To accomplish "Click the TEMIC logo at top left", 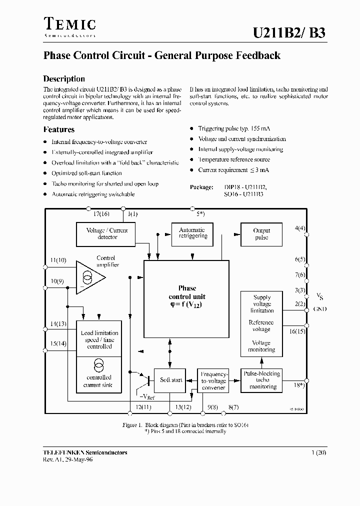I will (x=70, y=25).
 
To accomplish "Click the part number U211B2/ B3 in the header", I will (x=290, y=33).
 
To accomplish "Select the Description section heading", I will (x=64, y=78).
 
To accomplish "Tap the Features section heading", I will (x=59, y=129).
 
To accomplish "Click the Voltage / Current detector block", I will (x=107, y=233).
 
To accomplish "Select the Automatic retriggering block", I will (x=192, y=233).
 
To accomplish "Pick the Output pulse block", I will (x=261, y=234).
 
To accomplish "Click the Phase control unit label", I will (x=187, y=292).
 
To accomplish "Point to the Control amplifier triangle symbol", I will (x=89, y=277).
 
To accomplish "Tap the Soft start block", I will (x=171, y=380).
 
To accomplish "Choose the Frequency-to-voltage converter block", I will (x=214, y=380).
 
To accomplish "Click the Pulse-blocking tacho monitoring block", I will (x=261, y=380).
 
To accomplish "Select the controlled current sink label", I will (x=99, y=381).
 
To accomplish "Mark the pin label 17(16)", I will (x=101, y=214).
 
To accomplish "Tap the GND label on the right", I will (x=320, y=309).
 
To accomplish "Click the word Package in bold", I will (x=201, y=187).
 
